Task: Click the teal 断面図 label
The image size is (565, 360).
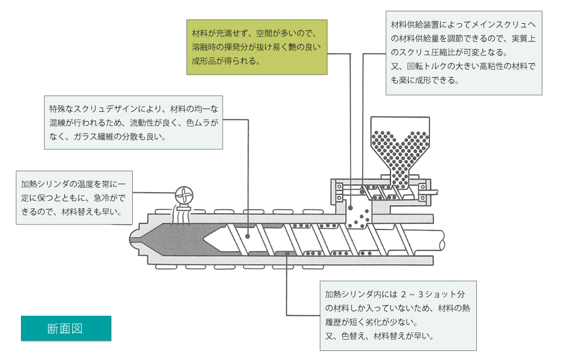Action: pyautogui.click(x=66, y=328)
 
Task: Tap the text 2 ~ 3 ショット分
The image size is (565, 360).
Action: pyautogui.click(x=432, y=294)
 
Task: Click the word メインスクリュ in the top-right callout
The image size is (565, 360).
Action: pyautogui.click(x=498, y=25)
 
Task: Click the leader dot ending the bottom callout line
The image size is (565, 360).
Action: pyautogui.click(x=288, y=254)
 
